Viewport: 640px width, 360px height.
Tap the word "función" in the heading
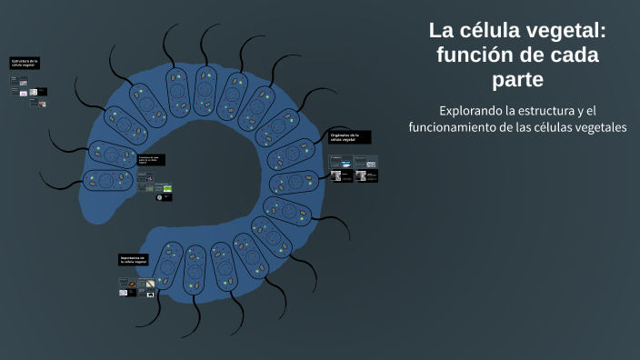[x=475, y=55]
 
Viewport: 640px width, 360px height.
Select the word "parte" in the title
[x=517, y=80]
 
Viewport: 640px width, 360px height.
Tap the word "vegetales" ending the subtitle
[x=597, y=127]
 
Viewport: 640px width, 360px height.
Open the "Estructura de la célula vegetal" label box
[x=25, y=63]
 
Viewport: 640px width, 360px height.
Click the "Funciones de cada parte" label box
[x=151, y=160]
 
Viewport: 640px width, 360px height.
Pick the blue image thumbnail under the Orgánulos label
[x=347, y=164]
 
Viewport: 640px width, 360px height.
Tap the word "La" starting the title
[x=441, y=31]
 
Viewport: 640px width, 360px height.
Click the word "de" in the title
[x=531, y=55]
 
